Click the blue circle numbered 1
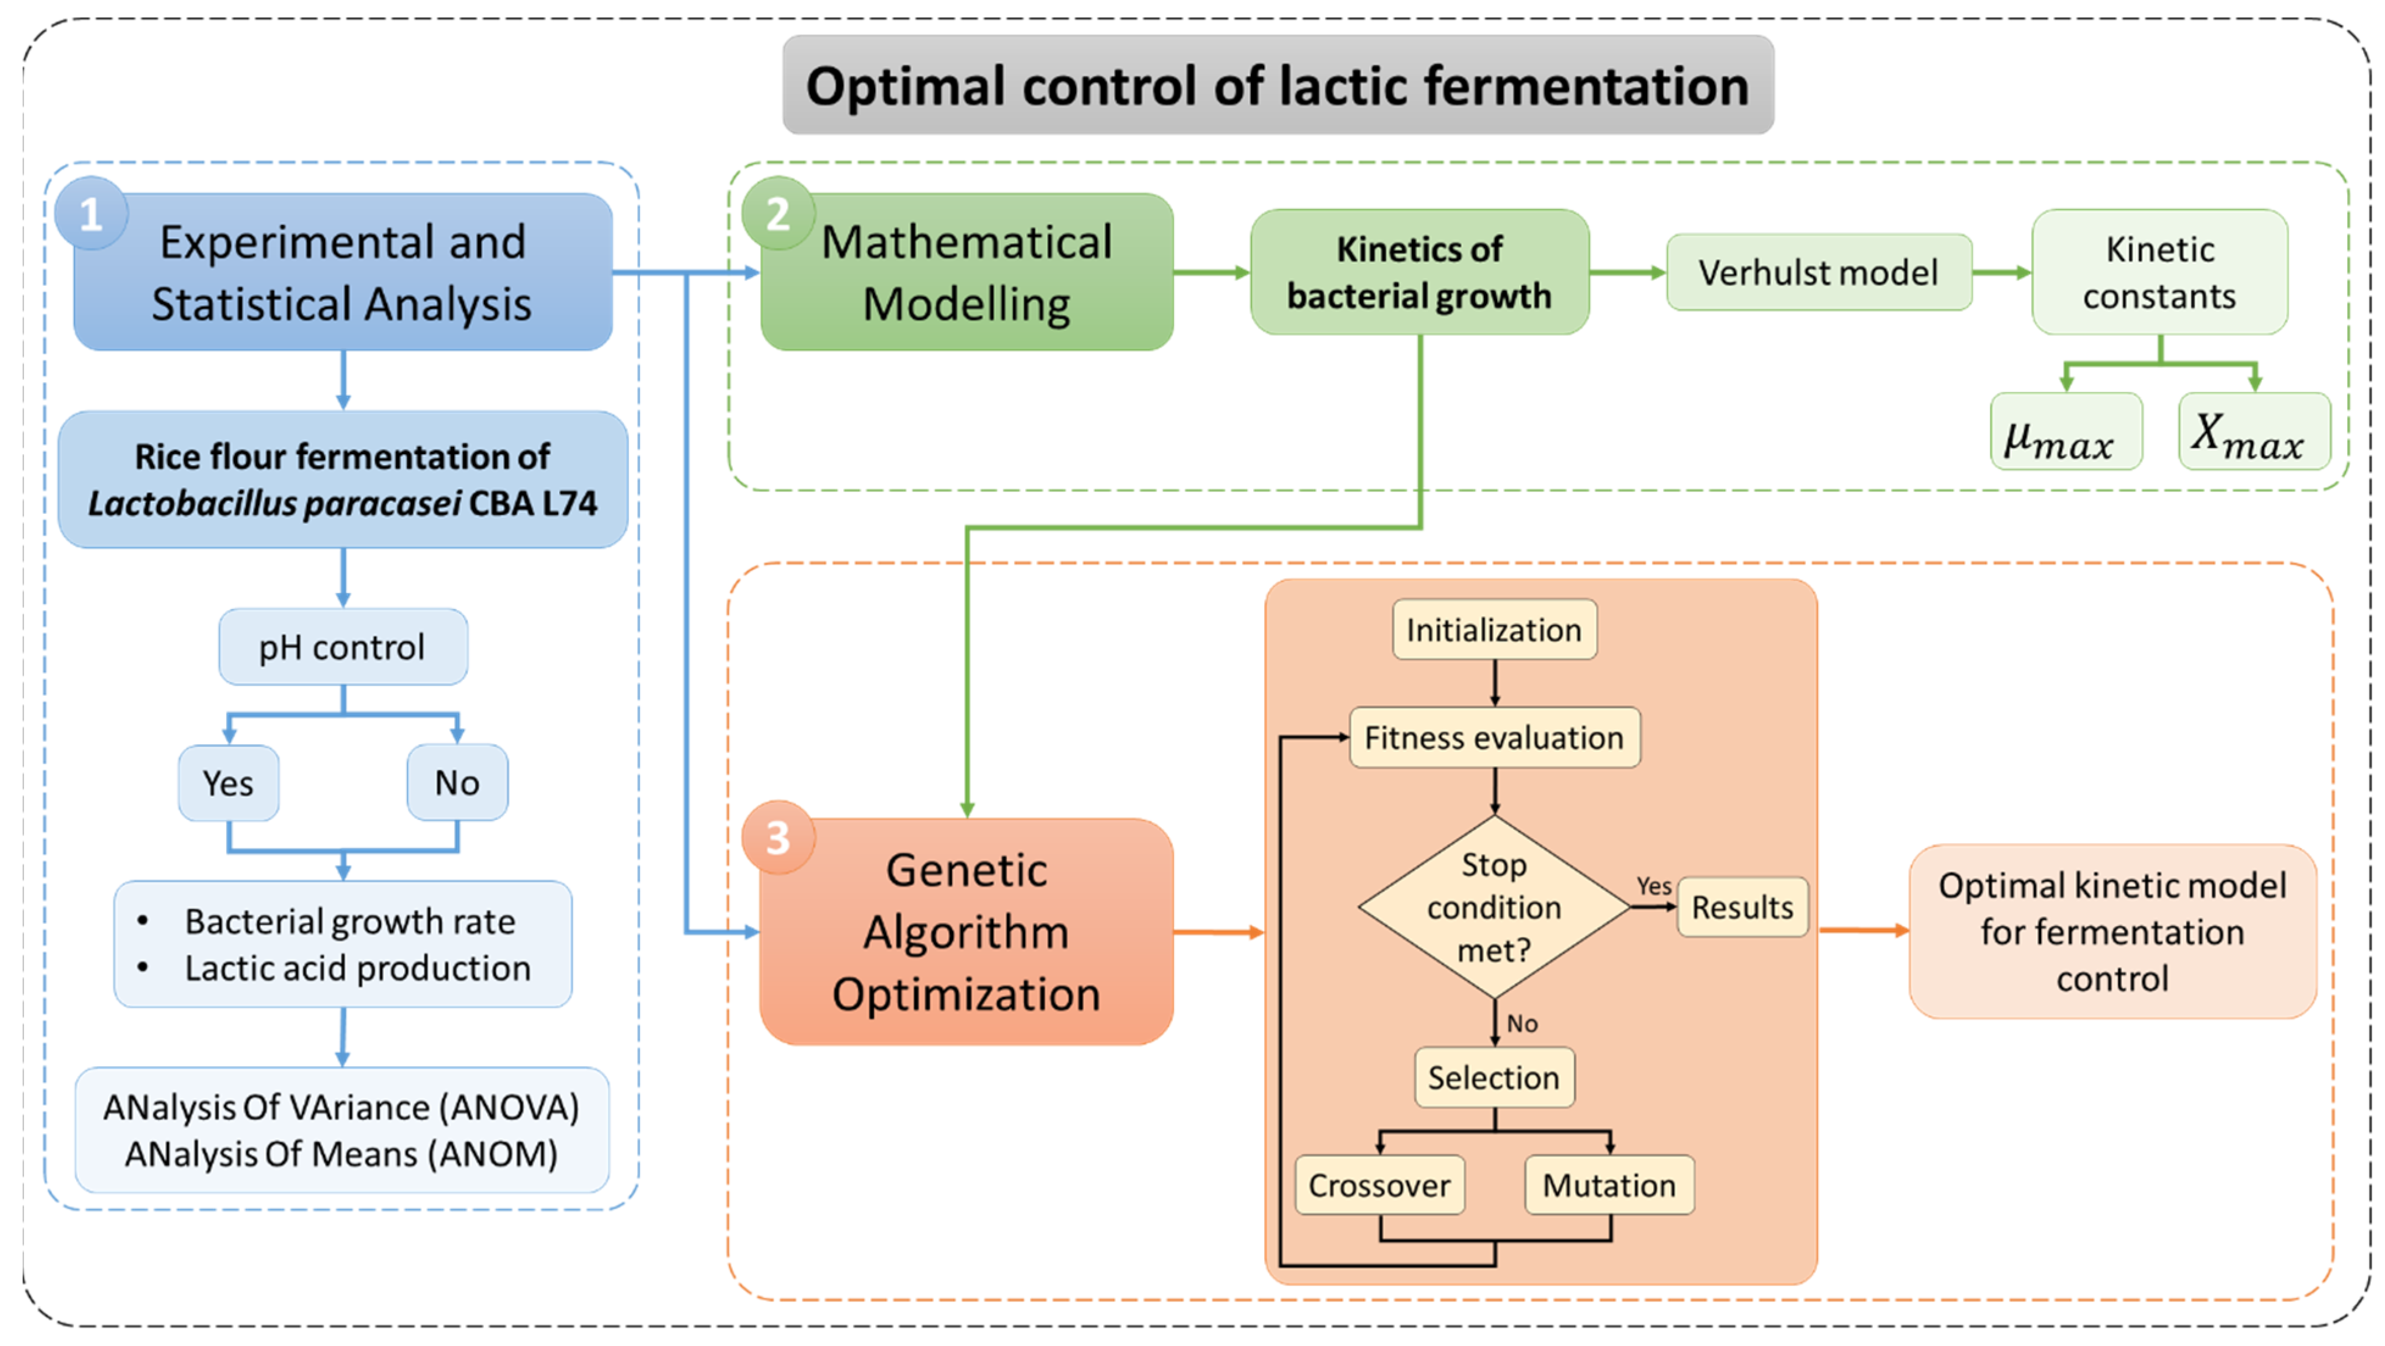[x=91, y=214]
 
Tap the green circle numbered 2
[x=778, y=214]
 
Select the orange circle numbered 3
[x=778, y=838]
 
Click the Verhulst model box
[x=1818, y=272]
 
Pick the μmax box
[x=2065, y=432]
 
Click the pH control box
[x=343, y=647]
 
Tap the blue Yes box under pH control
[x=227, y=783]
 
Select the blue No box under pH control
[x=457, y=783]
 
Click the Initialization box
[x=1493, y=630]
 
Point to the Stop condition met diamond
[x=1493, y=907]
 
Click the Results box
[x=1742, y=907]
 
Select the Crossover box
[x=1379, y=1185]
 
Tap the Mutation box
[x=1609, y=1185]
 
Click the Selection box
[x=1493, y=1078]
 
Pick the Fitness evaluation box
[x=1493, y=738]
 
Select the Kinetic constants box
[x=2159, y=272]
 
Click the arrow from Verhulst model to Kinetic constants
[x=2001, y=272]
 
